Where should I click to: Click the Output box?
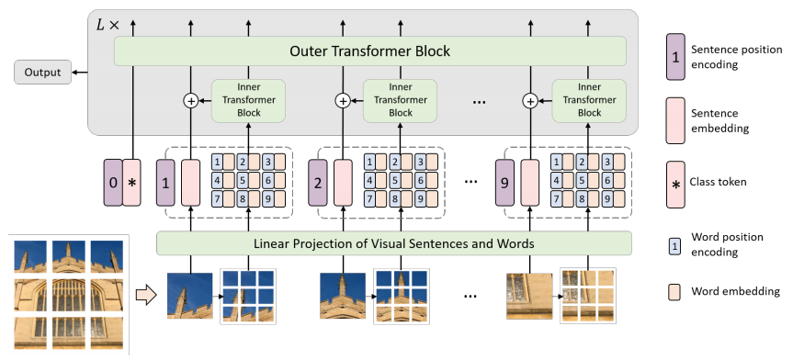point(42,72)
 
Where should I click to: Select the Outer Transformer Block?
point(370,51)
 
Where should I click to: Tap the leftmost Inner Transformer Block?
point(249,99)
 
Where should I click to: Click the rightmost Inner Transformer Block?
point(589,99)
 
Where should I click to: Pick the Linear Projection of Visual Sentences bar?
point(394,242)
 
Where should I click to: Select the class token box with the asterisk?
point(132,181)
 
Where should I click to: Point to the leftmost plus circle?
point(191,101)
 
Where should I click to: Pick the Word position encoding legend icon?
point(676,244)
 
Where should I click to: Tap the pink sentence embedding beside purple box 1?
point(190,181)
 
